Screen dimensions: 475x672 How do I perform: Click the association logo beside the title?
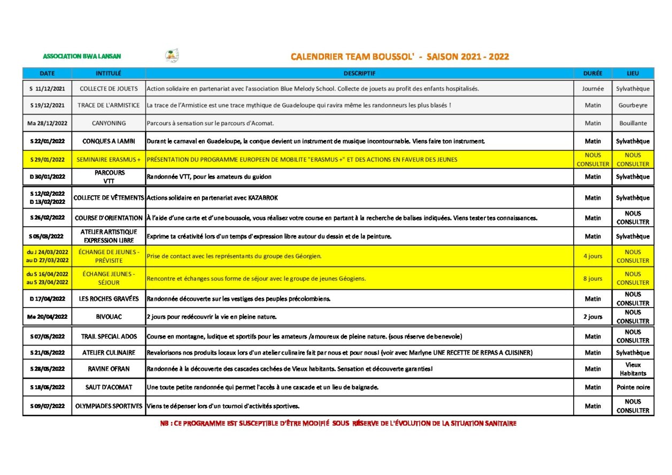(x=172, y=55)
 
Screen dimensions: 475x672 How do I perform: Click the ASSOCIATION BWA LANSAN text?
(x=82, y=56)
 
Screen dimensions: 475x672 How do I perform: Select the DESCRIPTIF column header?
(x=359, y=73)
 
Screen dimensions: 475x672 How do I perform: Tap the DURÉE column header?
(x=592, y=73)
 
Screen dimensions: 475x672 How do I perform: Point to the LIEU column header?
(x=633, y=73)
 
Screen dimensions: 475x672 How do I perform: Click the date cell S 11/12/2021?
(x=47, y=89)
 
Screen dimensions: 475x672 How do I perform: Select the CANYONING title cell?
(x=109, y=123)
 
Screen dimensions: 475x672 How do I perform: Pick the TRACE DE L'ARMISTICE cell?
(x=109, y=105)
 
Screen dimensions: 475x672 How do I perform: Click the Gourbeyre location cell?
(x=633, y=105)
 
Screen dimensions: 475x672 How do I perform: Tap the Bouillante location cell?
(x=633, y=123)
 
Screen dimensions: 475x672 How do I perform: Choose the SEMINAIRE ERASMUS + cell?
(x=109, y=159)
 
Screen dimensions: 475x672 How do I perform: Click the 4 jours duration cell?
(x=592, y=256)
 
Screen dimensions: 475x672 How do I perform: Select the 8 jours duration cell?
(x=592, y=278)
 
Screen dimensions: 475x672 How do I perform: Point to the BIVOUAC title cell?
(x=109, y=317)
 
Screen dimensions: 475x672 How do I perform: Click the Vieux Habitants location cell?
(x=633, y=369)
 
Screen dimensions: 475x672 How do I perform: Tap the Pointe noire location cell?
(x=633, y=387)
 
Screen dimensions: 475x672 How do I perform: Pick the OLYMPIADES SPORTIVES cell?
(x=109, y=406)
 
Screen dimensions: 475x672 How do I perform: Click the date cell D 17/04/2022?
(x=47, y=298)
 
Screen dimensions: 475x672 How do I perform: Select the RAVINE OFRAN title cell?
(x=109, y=369)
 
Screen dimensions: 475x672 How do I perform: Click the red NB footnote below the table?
(x=338, y=424)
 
